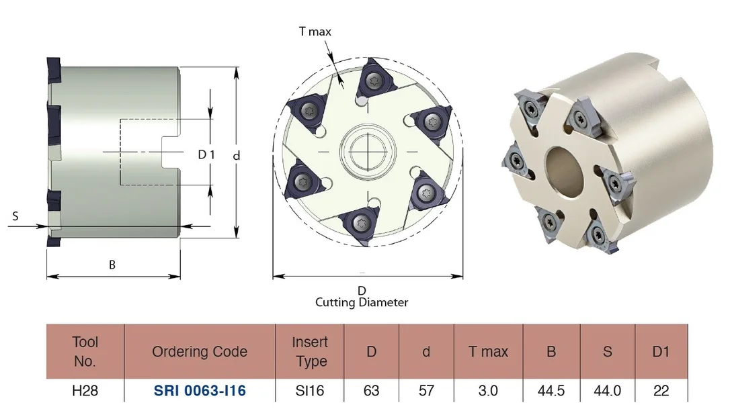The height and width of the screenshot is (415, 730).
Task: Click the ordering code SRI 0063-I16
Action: point(200,390)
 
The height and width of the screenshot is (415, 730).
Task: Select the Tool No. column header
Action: point(85,351)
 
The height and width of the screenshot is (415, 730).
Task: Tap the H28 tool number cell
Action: point(85,390)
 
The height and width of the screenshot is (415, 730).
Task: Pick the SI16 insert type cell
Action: point(310,390)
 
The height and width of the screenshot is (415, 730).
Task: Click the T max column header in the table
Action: point(489,352)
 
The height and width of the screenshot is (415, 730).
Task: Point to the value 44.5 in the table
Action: point(551,390)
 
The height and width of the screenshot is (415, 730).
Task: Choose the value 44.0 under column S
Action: point(608,390)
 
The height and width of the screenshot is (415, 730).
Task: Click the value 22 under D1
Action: point(661,390)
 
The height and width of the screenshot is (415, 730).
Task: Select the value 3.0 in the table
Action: point(488,390)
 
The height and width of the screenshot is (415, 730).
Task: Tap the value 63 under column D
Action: point(371,390)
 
